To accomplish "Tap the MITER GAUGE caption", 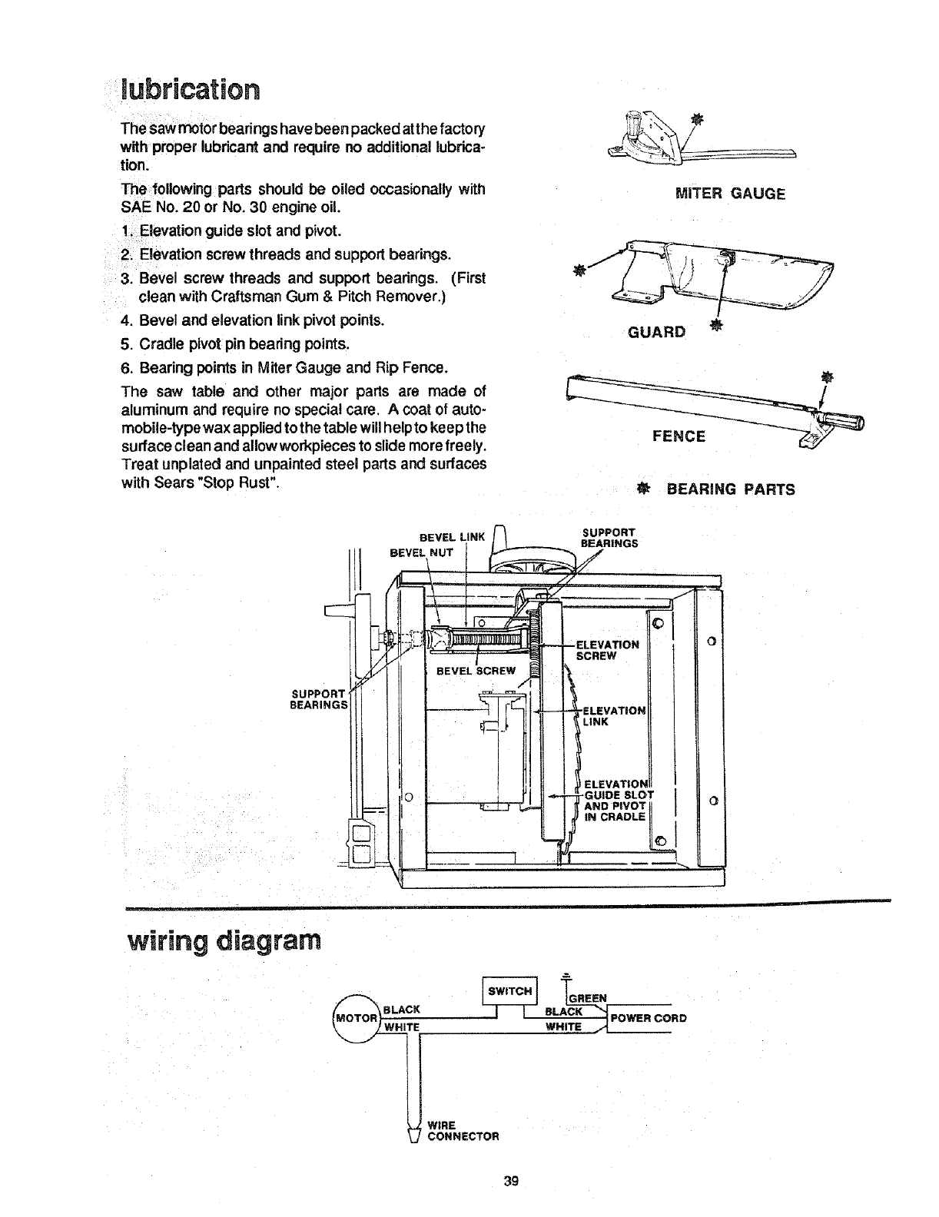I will [729, 194].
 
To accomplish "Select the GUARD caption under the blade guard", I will [655, 332].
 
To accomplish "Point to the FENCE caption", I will [679, 436].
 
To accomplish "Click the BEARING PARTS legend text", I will [730, 489].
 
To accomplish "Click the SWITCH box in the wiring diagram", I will [509, 990].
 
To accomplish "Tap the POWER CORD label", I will [647, 1019].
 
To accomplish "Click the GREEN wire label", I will [587, 998].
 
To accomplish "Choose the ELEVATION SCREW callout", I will [607, 650].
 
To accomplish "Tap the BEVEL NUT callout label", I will [421, 552].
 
